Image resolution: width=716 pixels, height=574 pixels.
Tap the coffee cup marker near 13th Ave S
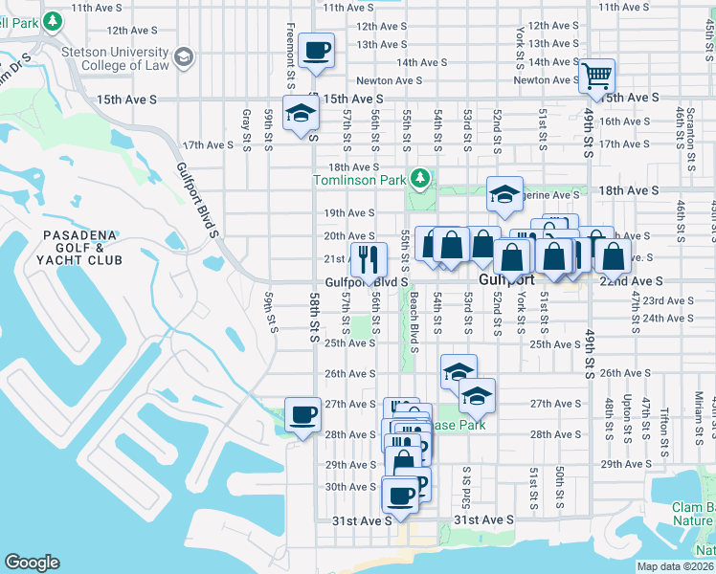(316, 51)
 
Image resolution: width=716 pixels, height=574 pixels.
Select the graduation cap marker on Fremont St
(301, 115)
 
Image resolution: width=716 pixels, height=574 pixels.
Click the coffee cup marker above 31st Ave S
(400, 496)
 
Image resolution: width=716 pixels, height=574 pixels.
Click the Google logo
(33, 563)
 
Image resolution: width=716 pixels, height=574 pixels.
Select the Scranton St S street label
(690, 123)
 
